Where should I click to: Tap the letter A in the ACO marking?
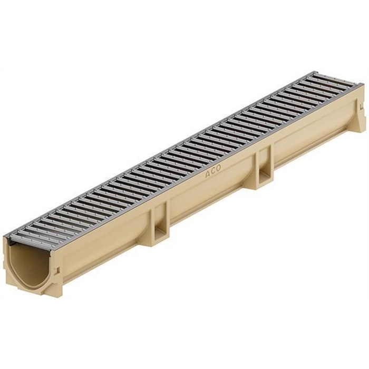coord(208,174)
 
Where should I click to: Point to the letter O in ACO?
coord(219,168)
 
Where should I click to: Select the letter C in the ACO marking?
coord(213,171)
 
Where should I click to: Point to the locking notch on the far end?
coord(362,108)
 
